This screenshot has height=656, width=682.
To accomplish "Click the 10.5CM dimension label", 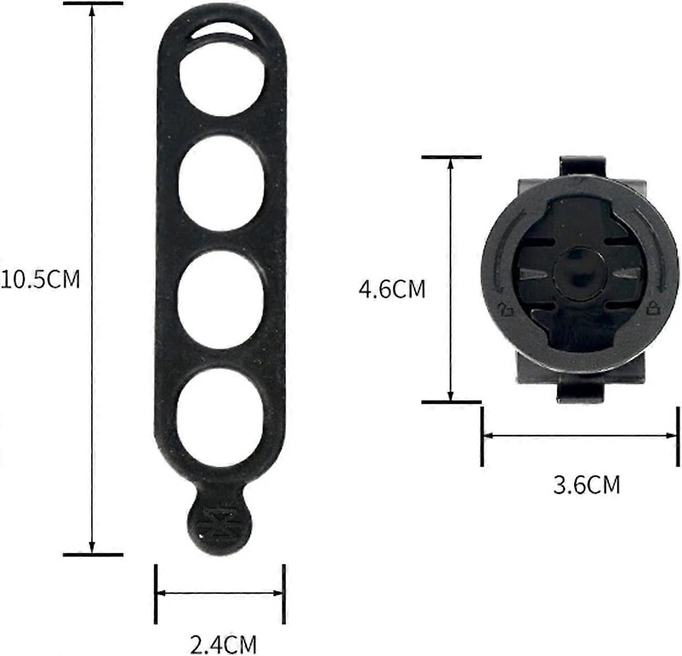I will coord(40,279).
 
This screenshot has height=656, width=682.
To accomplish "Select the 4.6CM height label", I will coord(391,289).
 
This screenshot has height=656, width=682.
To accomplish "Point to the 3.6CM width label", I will coord(587,485).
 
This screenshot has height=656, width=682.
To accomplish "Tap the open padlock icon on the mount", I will coord(506,310).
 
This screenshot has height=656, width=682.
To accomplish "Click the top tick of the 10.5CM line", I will coord(93,4).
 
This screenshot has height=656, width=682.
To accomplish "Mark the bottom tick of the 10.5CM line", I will coord(93,554).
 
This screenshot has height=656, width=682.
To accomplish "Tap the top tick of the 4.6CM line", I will coord(452,157).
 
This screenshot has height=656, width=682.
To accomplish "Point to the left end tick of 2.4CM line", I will coord(156,594).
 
